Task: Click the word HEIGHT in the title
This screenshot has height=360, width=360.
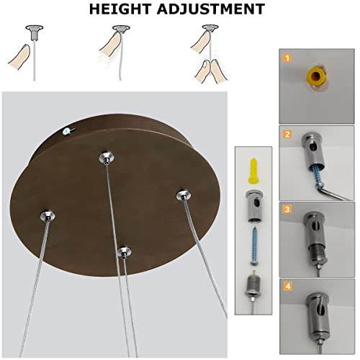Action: [120, 9]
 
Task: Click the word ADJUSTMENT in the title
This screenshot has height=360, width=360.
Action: [211, 9]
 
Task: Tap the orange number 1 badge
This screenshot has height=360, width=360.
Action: [287, 58]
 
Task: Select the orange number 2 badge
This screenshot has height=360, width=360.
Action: [287, 134]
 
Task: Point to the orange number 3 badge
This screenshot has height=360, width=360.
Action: [287, 210]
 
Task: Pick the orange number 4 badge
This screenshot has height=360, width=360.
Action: [288, 287]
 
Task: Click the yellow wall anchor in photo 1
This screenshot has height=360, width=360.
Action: [317, 76]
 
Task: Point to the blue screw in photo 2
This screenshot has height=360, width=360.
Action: [316, 175]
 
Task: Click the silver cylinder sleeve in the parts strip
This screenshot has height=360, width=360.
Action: [254, 207]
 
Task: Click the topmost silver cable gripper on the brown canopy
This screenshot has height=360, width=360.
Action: [107, 158]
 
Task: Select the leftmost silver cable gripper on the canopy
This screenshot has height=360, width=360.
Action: [48, 216]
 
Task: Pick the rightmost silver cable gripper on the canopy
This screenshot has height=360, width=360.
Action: [184, 195]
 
